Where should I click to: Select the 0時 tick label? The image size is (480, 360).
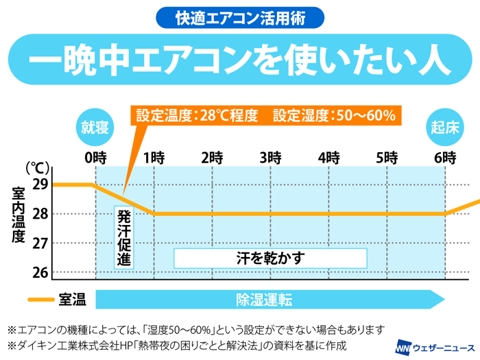(95, 157)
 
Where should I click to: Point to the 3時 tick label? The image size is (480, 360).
(270, 157)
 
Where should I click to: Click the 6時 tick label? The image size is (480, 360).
(445, 157)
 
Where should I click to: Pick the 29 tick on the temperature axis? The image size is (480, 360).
(40, 184)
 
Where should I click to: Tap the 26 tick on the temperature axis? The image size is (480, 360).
(40, 272)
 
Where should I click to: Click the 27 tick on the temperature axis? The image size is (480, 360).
(40, 243)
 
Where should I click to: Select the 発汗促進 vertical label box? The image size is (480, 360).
(124, 237)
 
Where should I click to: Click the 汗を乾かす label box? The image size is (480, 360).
(270, 258)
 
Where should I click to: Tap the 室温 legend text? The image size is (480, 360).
(72, 300)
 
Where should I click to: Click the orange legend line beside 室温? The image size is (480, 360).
(40, 300)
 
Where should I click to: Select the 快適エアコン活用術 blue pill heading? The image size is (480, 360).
(240, 16)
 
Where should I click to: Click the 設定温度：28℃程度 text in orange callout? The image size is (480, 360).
(197, 115)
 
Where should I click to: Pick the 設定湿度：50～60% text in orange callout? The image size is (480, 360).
(334, 115)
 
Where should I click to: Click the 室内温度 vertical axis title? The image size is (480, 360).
(19, 216)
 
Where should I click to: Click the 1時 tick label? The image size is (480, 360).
(154, 157)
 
